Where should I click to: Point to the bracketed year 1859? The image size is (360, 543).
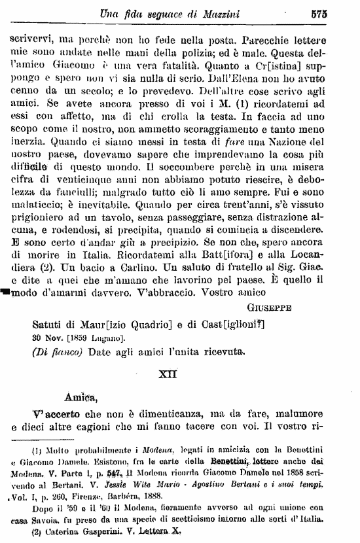click(x=82, y=338)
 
